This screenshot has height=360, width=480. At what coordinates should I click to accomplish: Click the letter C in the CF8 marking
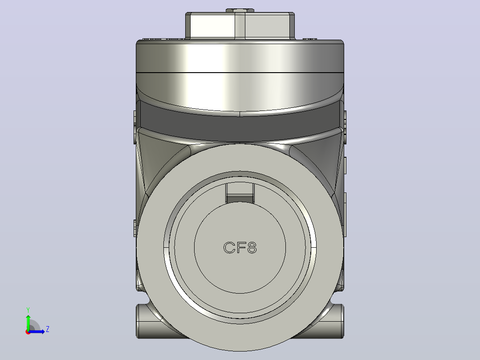click(229, 248)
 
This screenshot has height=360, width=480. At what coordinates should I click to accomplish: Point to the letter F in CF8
click(240, 248)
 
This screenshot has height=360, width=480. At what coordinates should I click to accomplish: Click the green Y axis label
click(28, 310)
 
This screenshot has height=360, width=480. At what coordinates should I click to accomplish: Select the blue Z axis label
click(48, 329)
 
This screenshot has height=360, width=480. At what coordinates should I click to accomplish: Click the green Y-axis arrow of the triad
click(28, 323)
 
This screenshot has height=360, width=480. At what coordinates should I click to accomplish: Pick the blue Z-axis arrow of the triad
click(37, 331)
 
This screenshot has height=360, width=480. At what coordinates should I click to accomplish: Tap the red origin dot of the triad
click(28, 332)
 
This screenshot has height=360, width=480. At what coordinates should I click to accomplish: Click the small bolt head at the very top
click(240, 10)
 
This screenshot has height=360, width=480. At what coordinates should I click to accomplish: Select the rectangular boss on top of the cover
click(240, 26)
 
